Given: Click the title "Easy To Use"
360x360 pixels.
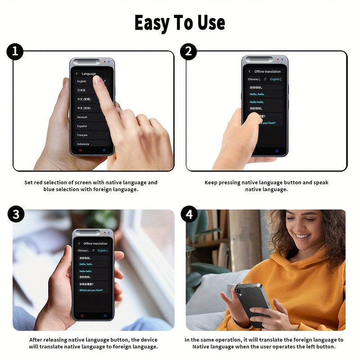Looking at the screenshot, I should point(180,22).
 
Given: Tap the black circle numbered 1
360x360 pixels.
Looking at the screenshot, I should point(15,52).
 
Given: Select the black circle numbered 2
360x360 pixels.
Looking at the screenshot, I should point(189,52).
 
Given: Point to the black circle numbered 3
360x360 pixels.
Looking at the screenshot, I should point(16,215).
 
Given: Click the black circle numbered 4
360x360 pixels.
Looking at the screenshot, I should point(189,215).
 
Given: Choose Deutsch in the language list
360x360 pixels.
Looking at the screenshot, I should point(82,117).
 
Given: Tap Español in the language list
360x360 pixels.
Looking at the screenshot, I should point(82,126).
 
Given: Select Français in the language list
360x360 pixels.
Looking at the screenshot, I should point(82,135).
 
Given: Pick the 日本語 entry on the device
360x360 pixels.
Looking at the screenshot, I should point(81,90).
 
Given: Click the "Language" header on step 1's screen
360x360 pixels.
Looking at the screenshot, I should point(89,74).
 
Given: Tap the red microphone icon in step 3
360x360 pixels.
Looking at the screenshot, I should point(82,315).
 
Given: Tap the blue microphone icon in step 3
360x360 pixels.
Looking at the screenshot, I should point(105,315).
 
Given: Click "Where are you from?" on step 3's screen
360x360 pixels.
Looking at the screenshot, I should point(91,290).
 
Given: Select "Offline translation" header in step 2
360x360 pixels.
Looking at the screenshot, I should point(267,72).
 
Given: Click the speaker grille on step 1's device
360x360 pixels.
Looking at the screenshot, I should point(87,62).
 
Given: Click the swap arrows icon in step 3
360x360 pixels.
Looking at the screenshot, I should point(93,251).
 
